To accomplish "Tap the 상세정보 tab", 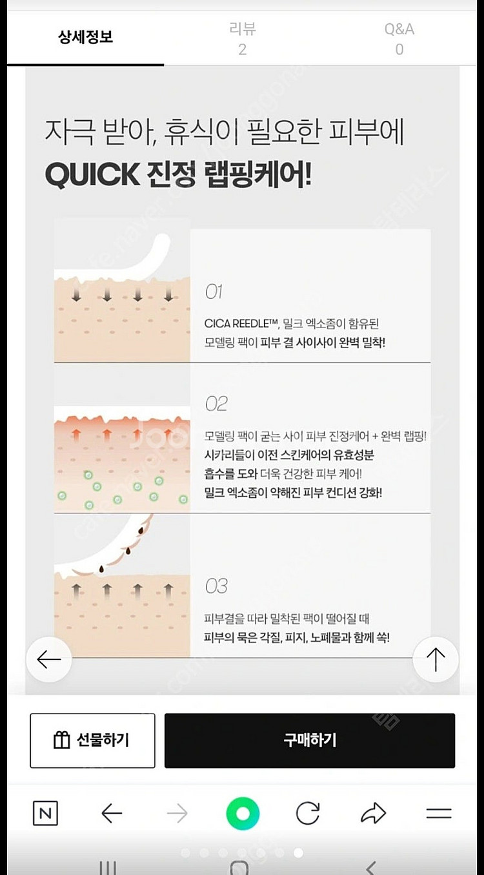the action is coord(85,37).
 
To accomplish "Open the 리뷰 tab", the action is coord(243,39).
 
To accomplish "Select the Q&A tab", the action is coord(399,39).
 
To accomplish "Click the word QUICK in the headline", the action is coord(92,174).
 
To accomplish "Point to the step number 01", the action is coord(214,292).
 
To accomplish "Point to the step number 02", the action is coord(216,404).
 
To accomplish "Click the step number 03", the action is coord(216,586).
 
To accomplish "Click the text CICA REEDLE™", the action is coord(241,324).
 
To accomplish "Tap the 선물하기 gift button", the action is coord(92,740).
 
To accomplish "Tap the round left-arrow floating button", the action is coord(49,659).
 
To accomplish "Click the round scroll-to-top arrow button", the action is coord(436,659).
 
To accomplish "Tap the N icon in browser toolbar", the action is coord(45,813).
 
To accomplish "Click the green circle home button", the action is coord(243,814).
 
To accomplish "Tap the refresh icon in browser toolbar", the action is coord(308,813).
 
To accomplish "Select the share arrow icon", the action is coord(373,813).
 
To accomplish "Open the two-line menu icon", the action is coord(439,813).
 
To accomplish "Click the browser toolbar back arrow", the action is coord(112,813).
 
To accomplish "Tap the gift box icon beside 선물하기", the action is coord(61,740).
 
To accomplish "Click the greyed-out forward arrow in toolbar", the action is coord(177,813).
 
